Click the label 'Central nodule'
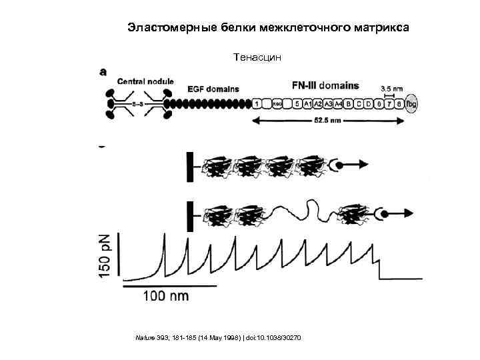tap(145, 82)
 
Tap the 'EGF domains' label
tap(213, 89)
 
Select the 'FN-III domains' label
tap(325, 85)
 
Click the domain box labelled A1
tap(307, 104)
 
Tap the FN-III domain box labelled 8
tap(399, 104)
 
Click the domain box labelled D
tap(368, 104)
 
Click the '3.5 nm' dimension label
tap(391, 87)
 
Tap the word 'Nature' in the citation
tap(144, 339)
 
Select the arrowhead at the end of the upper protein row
tap(366, 163)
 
